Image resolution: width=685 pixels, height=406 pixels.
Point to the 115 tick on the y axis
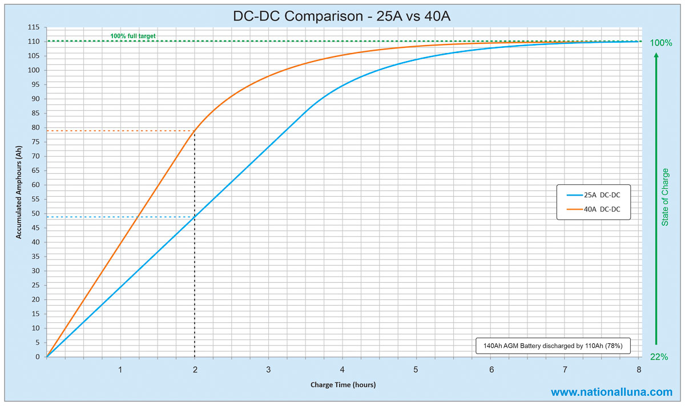pyautogui.click(x=33, y=27)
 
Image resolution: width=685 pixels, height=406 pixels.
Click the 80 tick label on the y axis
pyautogui.click(x=35, y=127)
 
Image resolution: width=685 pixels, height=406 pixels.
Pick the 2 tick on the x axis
pyautogui.click(x=195, y=370)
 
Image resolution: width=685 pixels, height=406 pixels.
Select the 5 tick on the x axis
pyautogui.click(x=416, y=370)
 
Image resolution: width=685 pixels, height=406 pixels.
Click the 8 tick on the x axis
pyautogui.click(x=638, y=370)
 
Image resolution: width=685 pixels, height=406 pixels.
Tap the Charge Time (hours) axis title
pyautogui.click(x=342, y=385)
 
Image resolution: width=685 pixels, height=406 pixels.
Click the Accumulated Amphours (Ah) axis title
pyautogui.click(x=19, y=192)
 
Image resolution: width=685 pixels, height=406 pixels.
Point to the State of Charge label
pyautogui.click(x=665, y=196)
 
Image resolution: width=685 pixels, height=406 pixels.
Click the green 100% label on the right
pyautogui.click(x=661, y=43)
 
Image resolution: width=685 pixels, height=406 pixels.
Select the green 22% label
pyautogui.click(x=659, y=357)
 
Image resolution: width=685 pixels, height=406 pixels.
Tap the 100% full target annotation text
pyautogui.click(x=133, y=36)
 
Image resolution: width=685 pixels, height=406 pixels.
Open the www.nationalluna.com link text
pyautogui.click(x=611, y=392)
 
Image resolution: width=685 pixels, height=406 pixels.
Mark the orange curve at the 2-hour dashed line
pyautogui.click(x=195, y=131)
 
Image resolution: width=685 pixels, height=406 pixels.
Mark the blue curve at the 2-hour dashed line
pyautogui.click(x=195, y=217)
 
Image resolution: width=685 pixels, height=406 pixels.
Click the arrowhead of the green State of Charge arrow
pyautogui.click(x=656, y=56)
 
